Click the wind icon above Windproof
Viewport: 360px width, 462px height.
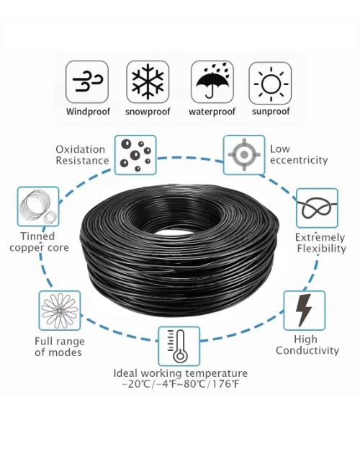point(87,81)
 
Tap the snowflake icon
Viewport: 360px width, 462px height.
point(148,81)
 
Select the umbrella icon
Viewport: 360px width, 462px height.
point(212,81)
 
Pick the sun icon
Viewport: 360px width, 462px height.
point(271,83)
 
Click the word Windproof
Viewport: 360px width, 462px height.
point(88,112)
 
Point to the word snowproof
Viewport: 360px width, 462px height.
point(148,112)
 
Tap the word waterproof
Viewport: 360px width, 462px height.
point(212,112)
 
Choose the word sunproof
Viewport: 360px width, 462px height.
point(271,112)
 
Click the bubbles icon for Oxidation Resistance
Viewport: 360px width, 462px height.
point(135,155)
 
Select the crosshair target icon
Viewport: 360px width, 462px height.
point(244,155)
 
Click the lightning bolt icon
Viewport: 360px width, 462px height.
point(304,311)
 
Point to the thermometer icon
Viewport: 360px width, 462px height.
point(179,346)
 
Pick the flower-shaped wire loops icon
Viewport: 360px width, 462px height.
point(60,311)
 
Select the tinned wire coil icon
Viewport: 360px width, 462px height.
point(38,207)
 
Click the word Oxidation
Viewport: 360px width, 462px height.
point(81,149)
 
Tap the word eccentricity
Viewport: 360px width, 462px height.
point(299,160)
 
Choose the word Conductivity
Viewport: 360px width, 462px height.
point(307,350)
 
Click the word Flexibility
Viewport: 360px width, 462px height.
point(321,249)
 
